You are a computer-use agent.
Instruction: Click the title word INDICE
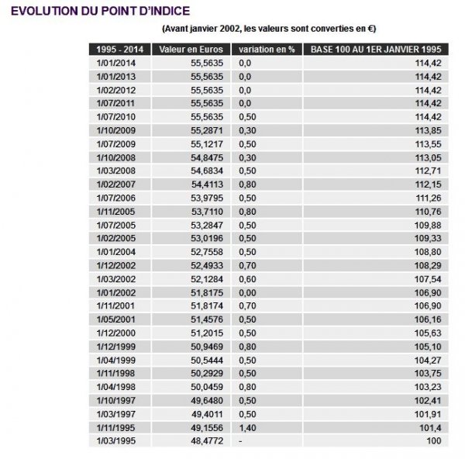[160, 12]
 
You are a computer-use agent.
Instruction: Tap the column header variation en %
[267, 50]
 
